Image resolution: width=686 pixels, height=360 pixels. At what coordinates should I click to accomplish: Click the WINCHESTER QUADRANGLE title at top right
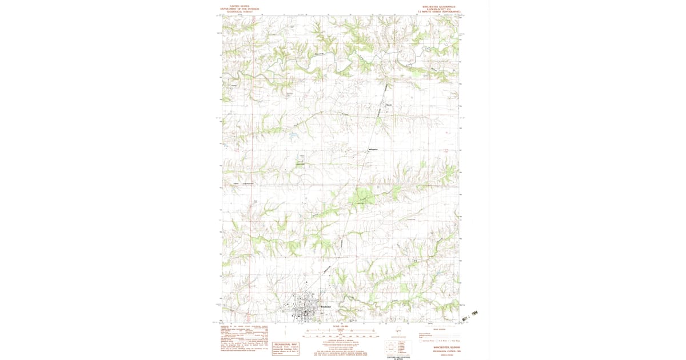click(437, 7)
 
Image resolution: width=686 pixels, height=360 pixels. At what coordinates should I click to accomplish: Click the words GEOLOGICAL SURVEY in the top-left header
click(240, 11)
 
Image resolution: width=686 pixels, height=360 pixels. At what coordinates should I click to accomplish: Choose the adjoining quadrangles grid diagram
click(390, 346)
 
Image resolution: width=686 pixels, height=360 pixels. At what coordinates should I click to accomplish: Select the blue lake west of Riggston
click(293, 135)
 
